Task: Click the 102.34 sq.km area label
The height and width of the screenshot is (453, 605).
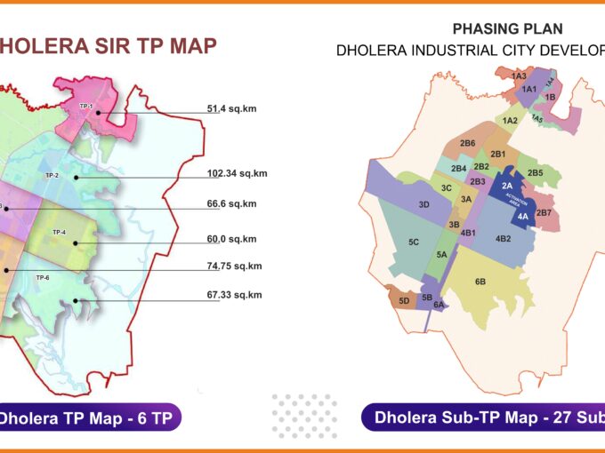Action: (237, 173)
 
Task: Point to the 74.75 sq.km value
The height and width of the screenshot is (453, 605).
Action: (234, 266)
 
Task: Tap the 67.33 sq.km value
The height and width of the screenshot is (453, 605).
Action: (234, 295)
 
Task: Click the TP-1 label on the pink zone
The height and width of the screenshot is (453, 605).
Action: (86, 106)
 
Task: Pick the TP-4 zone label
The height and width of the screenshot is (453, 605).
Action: (59, 233)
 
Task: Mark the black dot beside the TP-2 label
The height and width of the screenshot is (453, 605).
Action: (77, 178)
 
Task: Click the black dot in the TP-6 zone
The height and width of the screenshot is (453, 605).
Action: (76, 299)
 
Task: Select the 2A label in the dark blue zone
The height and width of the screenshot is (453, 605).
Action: (507, 186)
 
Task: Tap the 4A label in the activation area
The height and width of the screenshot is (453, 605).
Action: (522, 216)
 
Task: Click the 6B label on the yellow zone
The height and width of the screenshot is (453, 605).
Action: (480, 282)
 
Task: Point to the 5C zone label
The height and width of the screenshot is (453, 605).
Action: (414, 242)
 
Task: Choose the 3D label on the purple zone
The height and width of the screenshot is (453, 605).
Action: (424, 205)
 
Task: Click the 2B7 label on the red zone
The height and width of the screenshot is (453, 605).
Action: (544, 212)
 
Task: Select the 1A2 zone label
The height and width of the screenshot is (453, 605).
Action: (510, 121)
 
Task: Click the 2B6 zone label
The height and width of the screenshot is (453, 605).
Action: (467, 143)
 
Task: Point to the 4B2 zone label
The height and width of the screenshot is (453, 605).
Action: (503, 238)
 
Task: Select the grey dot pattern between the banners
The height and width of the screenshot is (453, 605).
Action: (303, 416)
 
